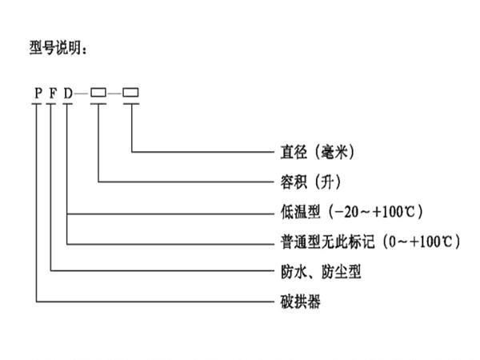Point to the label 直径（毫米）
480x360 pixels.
pos(313,151)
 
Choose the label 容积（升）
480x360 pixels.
pos(307,182)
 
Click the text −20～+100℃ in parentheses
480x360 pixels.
pos(369,212)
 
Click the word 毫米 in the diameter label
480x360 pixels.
pos(333,151)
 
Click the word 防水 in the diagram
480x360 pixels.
pos(288,272)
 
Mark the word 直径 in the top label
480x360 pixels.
pos(288,151)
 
